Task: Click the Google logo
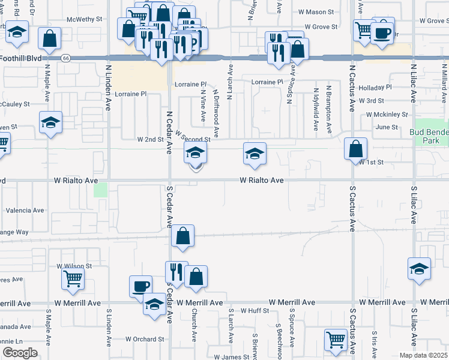(x=19, y=353)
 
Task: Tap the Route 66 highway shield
(x=65, y=58)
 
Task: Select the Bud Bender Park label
(x=429, y=136)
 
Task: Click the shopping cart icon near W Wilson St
(x=73, y=278)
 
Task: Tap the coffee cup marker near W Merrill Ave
(x=140, y=286)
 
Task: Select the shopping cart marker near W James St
(x=336, y=340)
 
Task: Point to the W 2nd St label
(x=150, y=139)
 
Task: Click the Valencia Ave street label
(x=25, y=211)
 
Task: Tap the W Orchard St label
(x=145, y=339)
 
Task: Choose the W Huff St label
(x=255, y=311)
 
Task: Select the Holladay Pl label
(x=375, y=88)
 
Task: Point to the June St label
(x=387, y=127)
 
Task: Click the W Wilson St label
(x=74, y=265)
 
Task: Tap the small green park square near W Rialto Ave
(x=100, y=190)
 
